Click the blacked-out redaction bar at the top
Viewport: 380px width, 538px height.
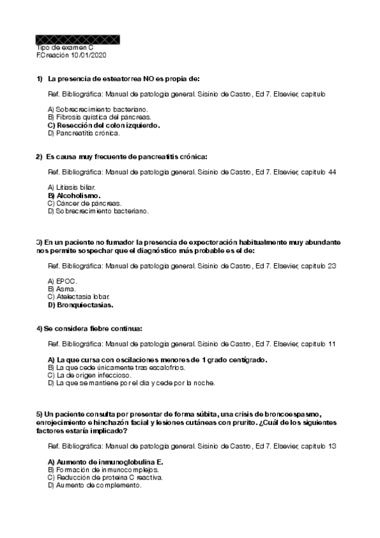pos(78,39)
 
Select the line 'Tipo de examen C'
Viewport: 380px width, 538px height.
pos(65,48)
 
